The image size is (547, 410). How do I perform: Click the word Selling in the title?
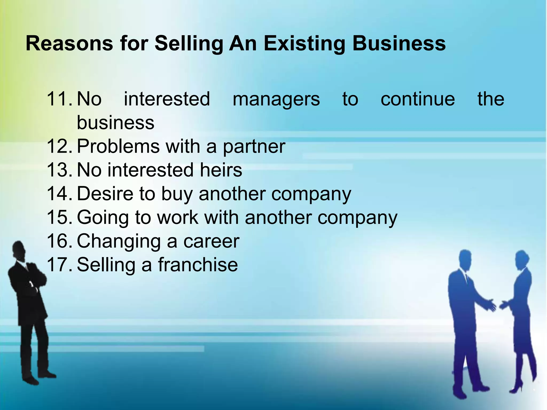(189, 44)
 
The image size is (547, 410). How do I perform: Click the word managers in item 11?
(276, 100)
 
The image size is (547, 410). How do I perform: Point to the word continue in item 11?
(418, 99)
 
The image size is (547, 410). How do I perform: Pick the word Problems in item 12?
(118, 147)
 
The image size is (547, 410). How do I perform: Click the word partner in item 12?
(254, 147)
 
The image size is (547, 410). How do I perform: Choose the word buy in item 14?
(177, 194)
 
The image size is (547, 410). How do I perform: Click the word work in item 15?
(178, 217)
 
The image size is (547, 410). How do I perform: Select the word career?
(211, 241)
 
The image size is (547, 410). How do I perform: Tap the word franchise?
(198, 265)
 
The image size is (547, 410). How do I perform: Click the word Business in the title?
(399, 44)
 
